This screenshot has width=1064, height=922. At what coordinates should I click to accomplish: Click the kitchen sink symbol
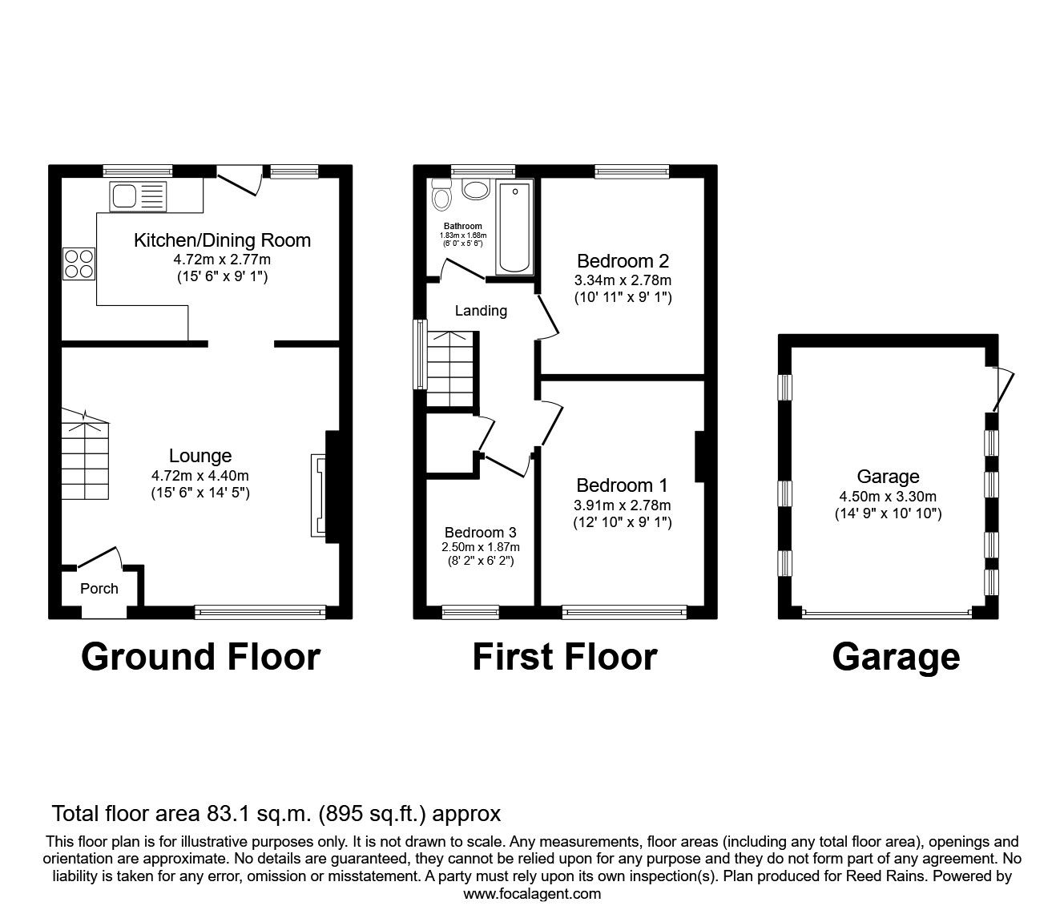139,195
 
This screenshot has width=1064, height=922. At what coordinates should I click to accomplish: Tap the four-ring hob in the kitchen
79,264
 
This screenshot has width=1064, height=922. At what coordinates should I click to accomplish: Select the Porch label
99,589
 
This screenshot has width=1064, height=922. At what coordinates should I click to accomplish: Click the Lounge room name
200,456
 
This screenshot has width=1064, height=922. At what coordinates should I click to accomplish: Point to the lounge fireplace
318,497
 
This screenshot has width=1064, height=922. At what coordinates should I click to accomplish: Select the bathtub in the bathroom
514,227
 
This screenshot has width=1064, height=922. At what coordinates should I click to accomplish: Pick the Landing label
481,311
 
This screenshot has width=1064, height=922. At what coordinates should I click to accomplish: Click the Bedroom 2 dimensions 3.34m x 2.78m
623,280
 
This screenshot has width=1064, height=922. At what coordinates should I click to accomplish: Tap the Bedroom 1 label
622,485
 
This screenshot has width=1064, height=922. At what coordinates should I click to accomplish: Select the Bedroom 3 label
480,533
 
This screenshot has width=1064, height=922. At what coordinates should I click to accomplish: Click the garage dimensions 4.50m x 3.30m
888,496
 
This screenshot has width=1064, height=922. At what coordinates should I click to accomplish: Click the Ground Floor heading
200,657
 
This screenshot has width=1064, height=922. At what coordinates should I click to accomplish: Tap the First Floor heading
564,657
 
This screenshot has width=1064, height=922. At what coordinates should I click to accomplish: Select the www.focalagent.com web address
532,894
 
